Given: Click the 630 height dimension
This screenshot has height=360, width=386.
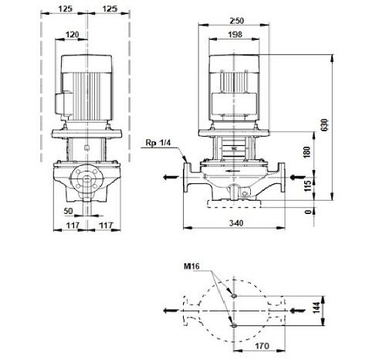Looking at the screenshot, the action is click(325, 125).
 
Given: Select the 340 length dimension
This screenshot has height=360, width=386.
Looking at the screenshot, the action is click(236, 223).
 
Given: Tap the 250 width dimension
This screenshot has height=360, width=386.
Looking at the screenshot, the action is click(236, 21).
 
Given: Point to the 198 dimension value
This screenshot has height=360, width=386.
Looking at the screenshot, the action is click(235, 35).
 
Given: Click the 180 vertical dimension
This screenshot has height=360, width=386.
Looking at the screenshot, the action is click(307, 152).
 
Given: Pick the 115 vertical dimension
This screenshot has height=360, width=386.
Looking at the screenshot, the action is click(307, 185).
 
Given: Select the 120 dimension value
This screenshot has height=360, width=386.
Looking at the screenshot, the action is click(73, 35).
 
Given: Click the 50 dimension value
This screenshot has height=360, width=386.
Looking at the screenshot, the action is click(69, 211).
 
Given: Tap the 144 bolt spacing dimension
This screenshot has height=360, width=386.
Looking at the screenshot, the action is click(317, 307).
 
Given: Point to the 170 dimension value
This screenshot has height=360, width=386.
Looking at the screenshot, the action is click(262, 346).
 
